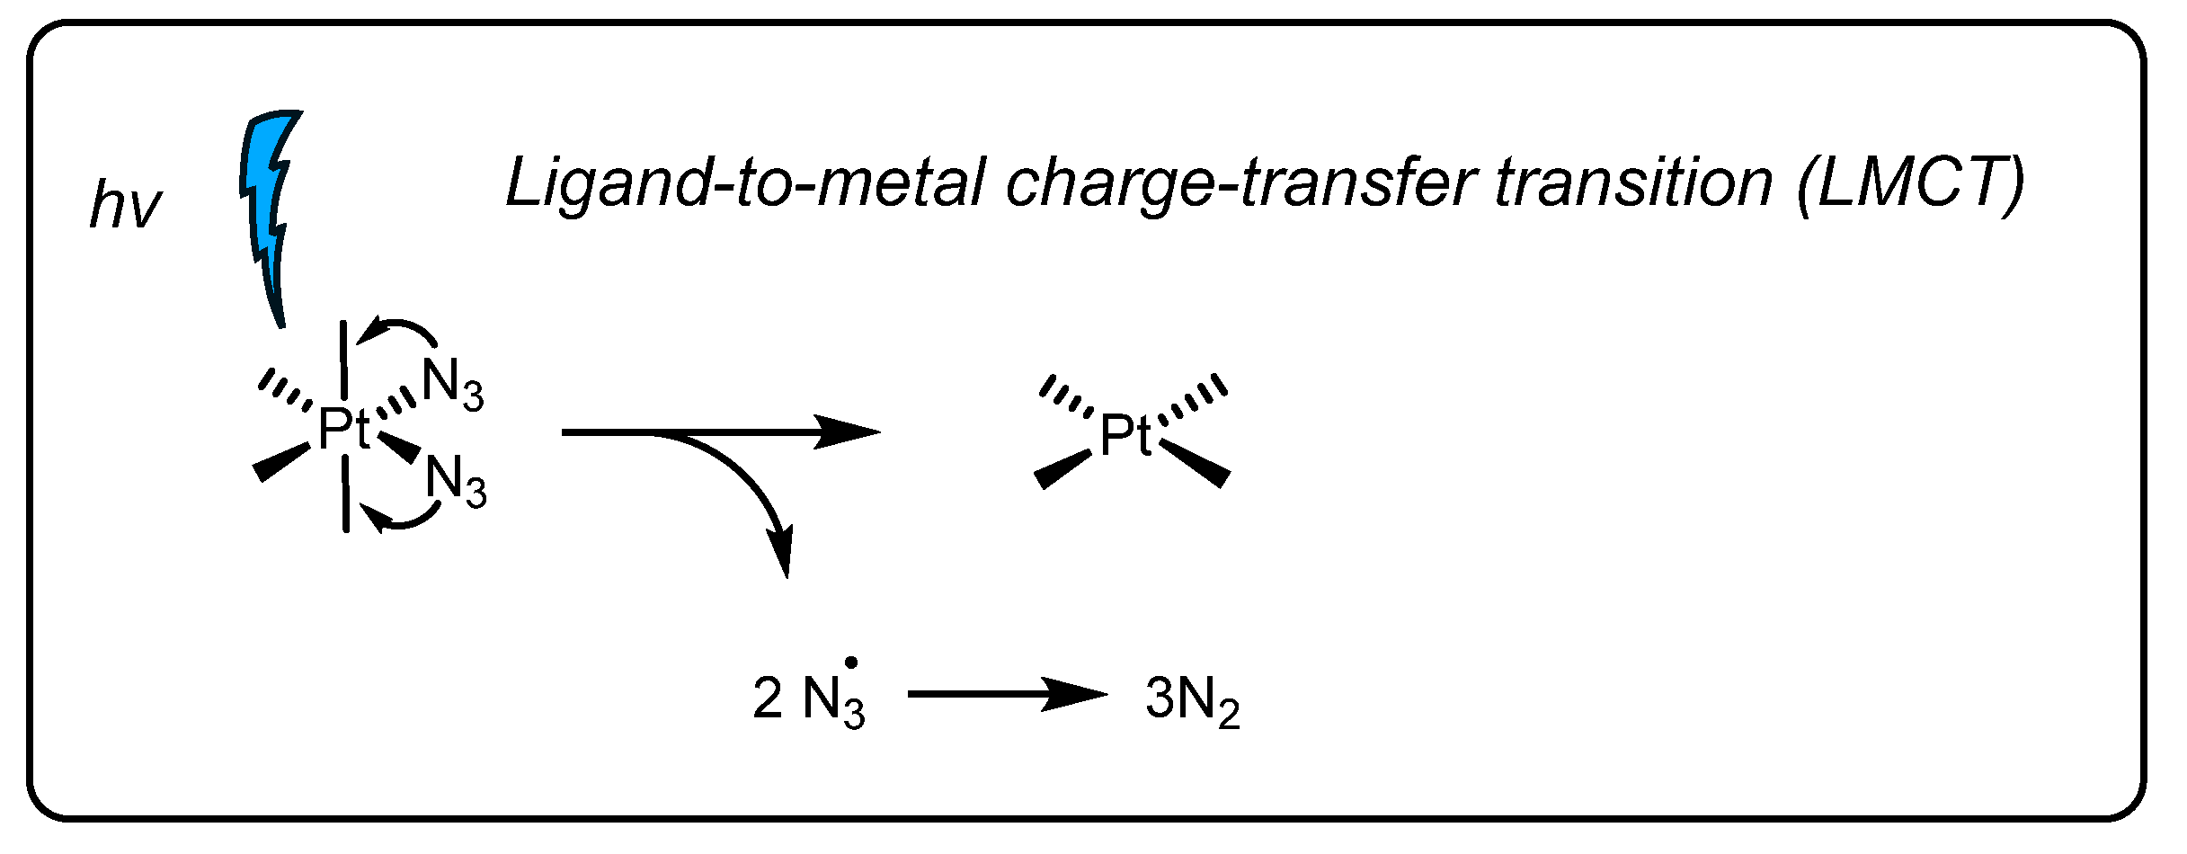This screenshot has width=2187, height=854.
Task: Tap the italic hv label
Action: coord(125,206)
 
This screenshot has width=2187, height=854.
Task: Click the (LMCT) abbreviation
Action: coord(1909,185)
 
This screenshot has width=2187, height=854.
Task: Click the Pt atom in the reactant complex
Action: coord(343,429)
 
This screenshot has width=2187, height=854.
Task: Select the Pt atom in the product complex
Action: coord(1125,436)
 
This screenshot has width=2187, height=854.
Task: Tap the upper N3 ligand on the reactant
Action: coord(452,383)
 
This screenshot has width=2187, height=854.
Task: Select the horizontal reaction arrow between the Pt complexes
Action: coord(719,432)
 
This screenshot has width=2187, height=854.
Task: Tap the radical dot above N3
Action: coord(851,663)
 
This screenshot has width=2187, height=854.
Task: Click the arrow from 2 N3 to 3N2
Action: coord(1007,694)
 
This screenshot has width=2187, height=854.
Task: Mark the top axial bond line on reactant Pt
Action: coord(343,360)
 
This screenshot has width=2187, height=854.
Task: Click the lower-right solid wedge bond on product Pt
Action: coord(1196,463)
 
